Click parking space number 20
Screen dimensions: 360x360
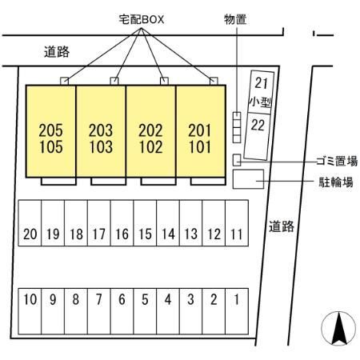pyautogui.click(x=30, y=223)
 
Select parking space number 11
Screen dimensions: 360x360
pyautogui.click(x=237, y=223)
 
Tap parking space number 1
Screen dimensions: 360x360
pyautogui.click(x=237, y=311)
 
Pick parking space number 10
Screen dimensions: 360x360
pyautogui.click(x=30, y=311)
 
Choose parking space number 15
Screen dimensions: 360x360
pyautogui.click(x=145, y=223)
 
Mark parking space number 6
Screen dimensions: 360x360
pyautogui.click(x=122, y=311)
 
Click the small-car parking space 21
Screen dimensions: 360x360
pyautogui.click(x=261, y=92)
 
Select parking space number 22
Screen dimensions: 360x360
pyautogui.click(x=257, y=136)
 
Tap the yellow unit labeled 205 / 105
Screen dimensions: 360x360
pyautogui.click(x=51, y=131)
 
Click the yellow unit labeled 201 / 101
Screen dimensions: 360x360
pyautogui.click(x=201, y=131)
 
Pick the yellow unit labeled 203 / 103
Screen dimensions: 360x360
pyautogui.click(x=101, y=131)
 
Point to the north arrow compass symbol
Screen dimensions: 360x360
pyautogui.click(x=338, y=328)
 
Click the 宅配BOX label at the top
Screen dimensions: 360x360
pyautogui.click(x=142, y=19)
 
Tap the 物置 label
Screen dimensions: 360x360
pyautogui.click(x=235, y=19)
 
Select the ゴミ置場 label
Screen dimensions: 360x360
pyautogui.click(x=337, y=162)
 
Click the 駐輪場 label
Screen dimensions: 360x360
pyautogui.click(x=336, y=182)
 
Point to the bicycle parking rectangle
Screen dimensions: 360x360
pyautogui.click(x=248, y=179)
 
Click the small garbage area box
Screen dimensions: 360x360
pyautogui.click(x=237, y=160)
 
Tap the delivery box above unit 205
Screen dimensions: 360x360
pyautogui.click(x=64, y=81)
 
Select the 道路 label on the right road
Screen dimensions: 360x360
pyautogui.click(x=282, y=226)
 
